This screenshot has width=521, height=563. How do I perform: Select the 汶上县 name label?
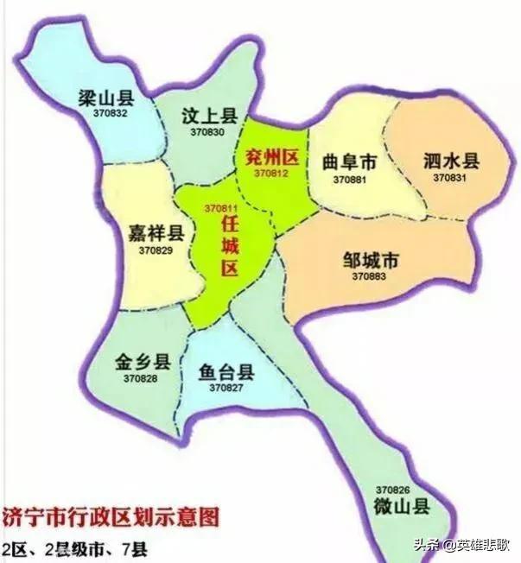(x=205, y=116)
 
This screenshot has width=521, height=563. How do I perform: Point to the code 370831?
(x=450, y=177)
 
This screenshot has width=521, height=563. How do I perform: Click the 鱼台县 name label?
(x=226, y=373)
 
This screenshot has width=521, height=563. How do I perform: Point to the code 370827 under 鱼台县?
(x=226, y=389)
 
